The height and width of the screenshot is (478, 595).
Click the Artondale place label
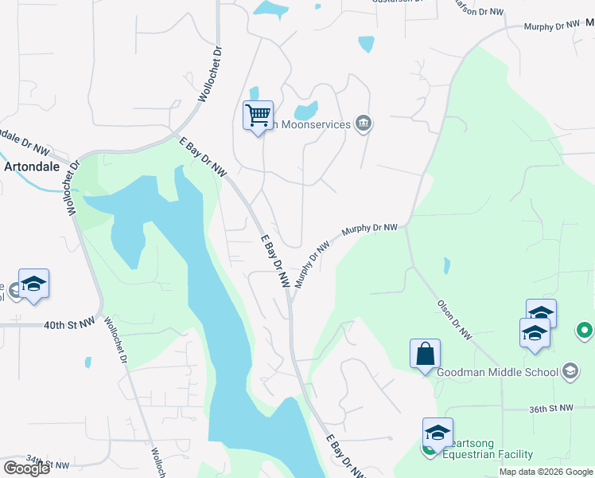(33, 168)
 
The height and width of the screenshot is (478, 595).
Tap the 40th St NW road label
(69, 325)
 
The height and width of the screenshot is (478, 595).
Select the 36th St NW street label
(551, 408)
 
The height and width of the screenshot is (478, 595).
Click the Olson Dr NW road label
(455, 319)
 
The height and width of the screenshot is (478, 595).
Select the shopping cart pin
(258, 116)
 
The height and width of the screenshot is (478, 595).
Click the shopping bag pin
(425, 354)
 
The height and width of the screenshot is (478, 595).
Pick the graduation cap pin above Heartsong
(437, 433)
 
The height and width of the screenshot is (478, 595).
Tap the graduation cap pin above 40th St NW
(34, 284)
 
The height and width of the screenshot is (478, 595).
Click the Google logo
(26, 468)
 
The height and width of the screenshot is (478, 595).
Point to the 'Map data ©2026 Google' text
(546, 472)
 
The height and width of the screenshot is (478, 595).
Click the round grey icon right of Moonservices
(364, 123)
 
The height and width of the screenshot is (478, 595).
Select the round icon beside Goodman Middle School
(570, 370)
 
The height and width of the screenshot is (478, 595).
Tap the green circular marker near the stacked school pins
(585, 329)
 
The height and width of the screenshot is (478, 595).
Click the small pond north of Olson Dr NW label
(445, 265)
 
